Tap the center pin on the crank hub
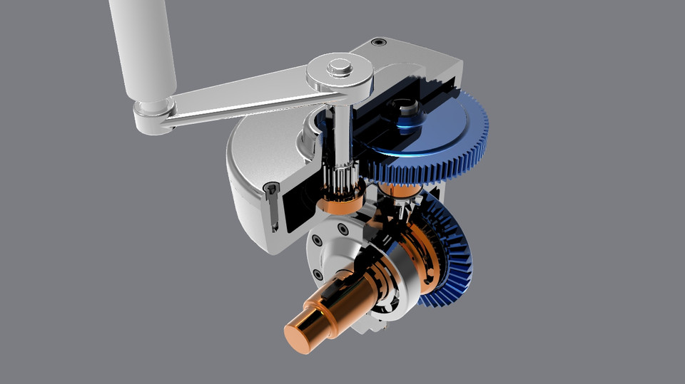[340, 68]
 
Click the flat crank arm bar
[243, 97]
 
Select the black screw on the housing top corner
[379, 42]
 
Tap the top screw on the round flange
[343, 229]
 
